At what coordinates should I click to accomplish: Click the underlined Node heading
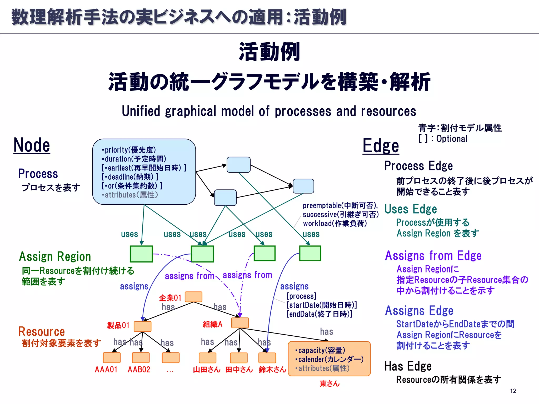pos(32,145)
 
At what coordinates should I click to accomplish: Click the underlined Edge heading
pos(381,146)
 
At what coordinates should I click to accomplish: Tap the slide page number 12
pos(513,391)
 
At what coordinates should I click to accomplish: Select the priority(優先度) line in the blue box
pos(129,150)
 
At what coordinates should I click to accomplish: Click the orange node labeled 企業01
pos(193,297)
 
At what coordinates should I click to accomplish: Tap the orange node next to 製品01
pos(142,326)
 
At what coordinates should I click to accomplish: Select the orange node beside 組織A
pos(240,323)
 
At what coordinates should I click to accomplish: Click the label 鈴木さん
pos(272,370)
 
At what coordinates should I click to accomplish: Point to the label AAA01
pos(106,370)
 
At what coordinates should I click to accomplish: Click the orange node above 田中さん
pos(239,358)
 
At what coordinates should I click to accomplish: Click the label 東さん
pos(330,383)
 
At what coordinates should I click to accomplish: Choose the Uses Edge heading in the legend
pos(411,209)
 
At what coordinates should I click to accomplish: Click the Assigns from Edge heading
pos(433,256)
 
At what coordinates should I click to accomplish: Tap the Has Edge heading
pos(408,366)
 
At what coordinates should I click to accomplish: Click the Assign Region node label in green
pos(55,256)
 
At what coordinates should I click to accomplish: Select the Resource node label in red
pos(42,331)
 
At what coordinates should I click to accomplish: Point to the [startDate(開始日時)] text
pos(322,305)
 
